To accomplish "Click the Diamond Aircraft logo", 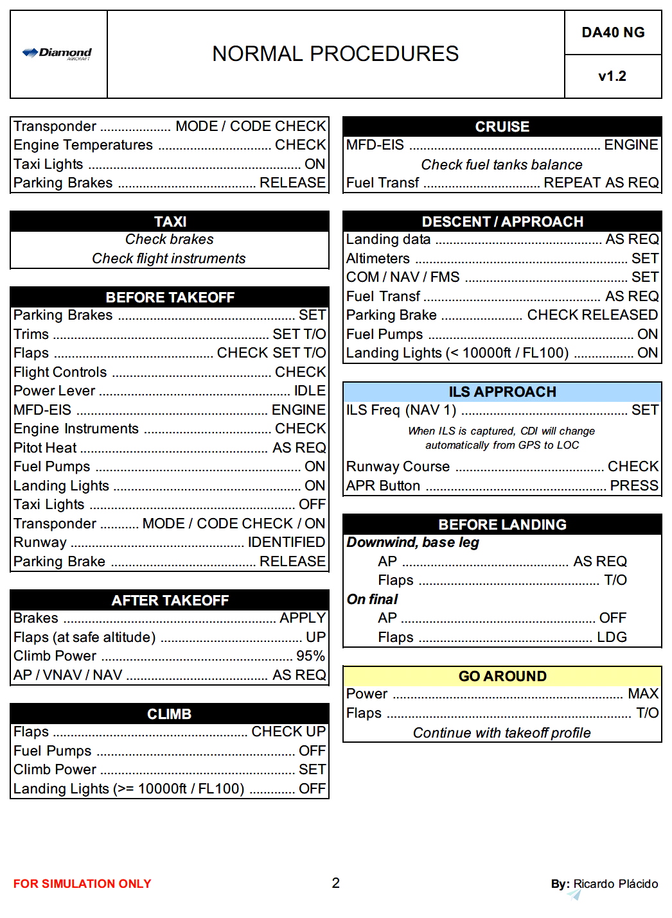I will click(x=57, y=53).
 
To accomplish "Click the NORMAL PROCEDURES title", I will click(x=335, y=54).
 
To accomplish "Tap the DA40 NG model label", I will click(x=613, y=33).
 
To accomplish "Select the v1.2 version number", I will click(x=612, y=76).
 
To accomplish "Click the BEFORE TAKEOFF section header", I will click(x=170, y=297).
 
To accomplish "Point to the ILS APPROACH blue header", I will click(x=502, y=392).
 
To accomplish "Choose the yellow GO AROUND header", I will click(x=502, y=676).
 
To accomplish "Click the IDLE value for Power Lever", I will click(x=310, y=390).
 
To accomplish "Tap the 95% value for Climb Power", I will click(x=310, y=655).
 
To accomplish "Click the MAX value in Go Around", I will click(x=643, y=693).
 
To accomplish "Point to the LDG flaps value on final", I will click(x=612, y=637).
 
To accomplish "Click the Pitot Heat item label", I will click(x=45, y=447).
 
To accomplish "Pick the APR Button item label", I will click(x=383, y=485).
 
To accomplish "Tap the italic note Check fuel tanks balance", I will click(x=502, y=164).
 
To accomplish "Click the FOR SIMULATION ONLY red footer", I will click(x=82, y=884).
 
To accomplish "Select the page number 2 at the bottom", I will click(x=335, y=883).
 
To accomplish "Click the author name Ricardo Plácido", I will click(x=615, y=884).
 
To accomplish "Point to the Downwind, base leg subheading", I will click(x=413, y=542).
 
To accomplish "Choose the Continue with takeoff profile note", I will click(x=502, y=732).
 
